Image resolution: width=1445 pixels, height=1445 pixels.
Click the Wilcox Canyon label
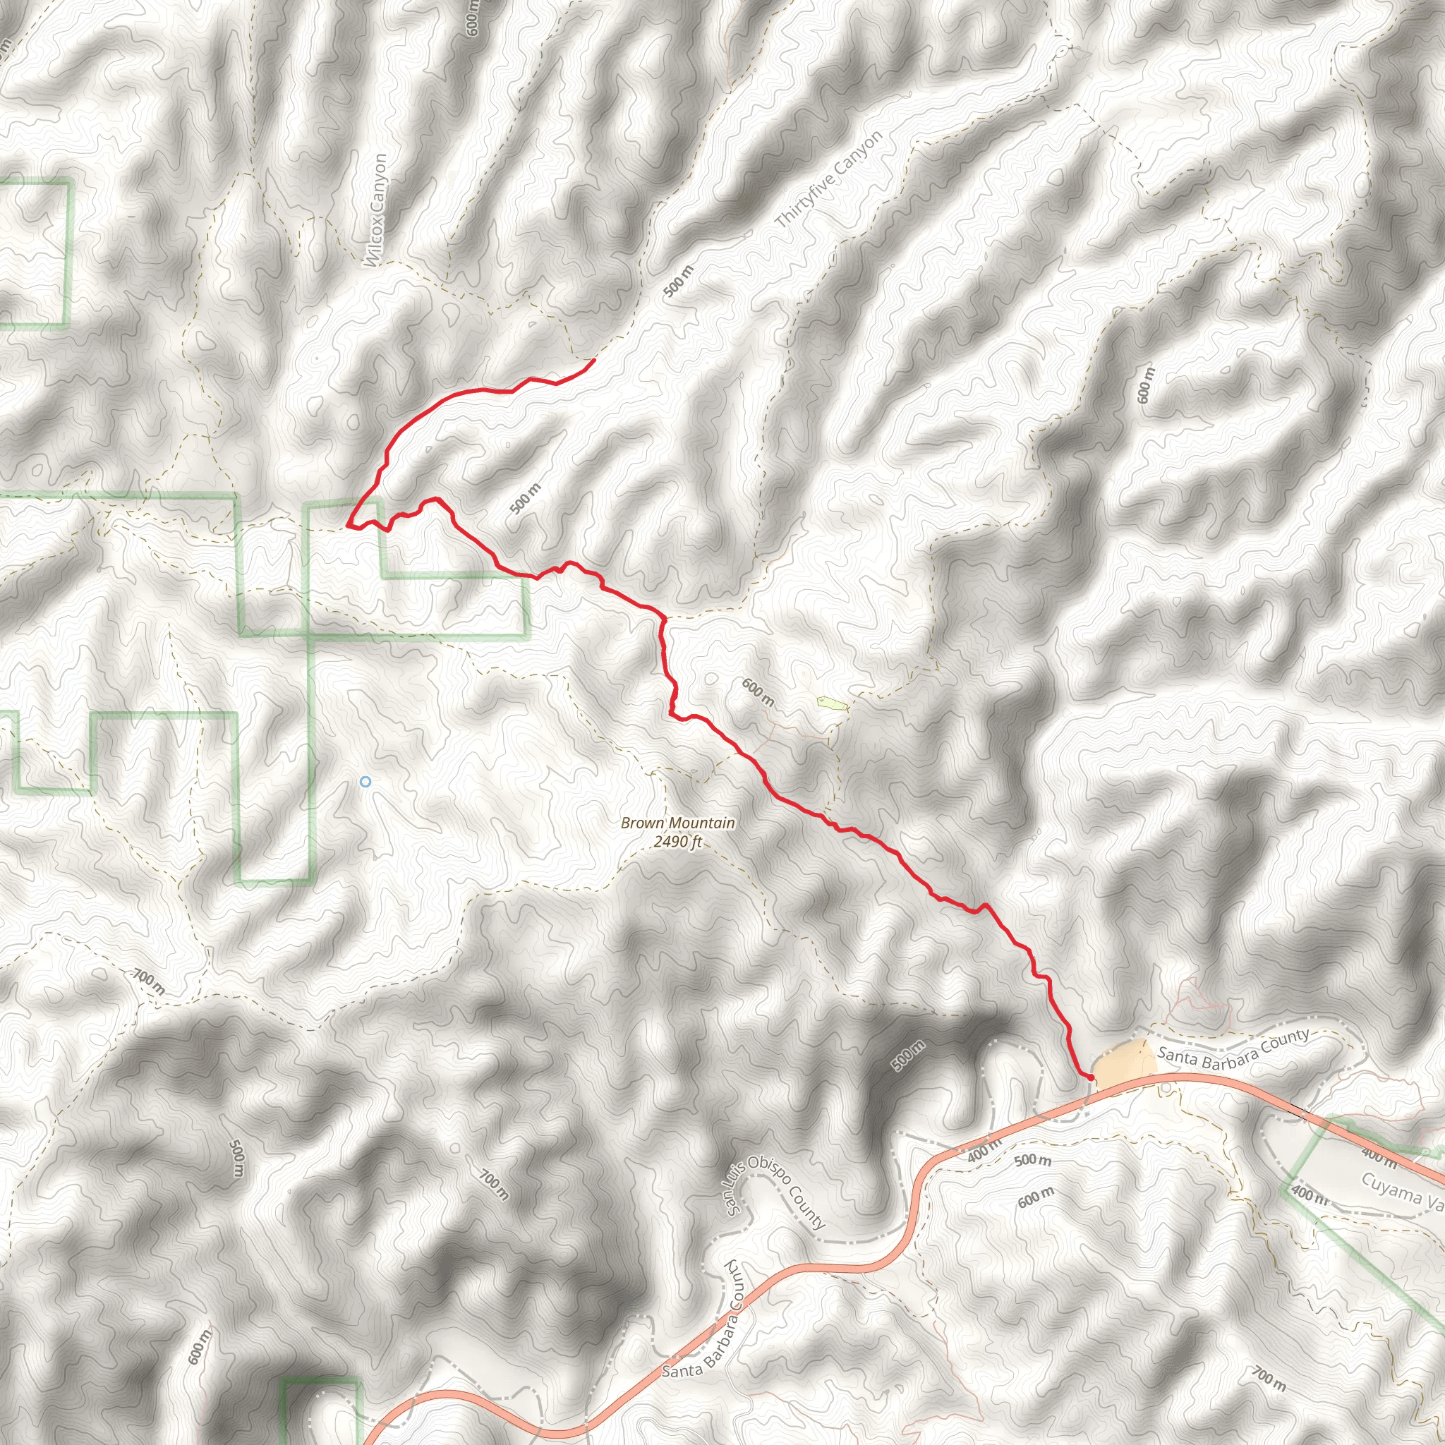[x=376, y=210]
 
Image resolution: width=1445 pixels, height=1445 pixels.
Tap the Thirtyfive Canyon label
[x=829, y=179]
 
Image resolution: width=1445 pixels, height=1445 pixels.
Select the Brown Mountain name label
[x=677, y=823]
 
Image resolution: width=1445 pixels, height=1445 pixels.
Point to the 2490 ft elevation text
[x=677, y=842]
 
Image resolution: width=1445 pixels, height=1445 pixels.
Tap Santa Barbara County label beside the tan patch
[x=1233, y=1049]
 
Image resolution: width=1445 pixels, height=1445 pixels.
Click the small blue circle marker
[x=365, y=782]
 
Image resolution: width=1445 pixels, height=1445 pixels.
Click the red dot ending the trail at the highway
[x=1091, y=1077]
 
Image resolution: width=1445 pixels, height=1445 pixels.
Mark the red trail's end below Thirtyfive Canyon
[x=594, y=361]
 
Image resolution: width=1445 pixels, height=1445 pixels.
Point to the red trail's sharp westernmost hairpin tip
[x=349, y=526]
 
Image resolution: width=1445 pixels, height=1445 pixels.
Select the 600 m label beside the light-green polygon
[x=758, y=693]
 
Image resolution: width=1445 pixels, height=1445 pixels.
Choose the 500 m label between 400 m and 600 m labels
[x=1033, y=1160]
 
